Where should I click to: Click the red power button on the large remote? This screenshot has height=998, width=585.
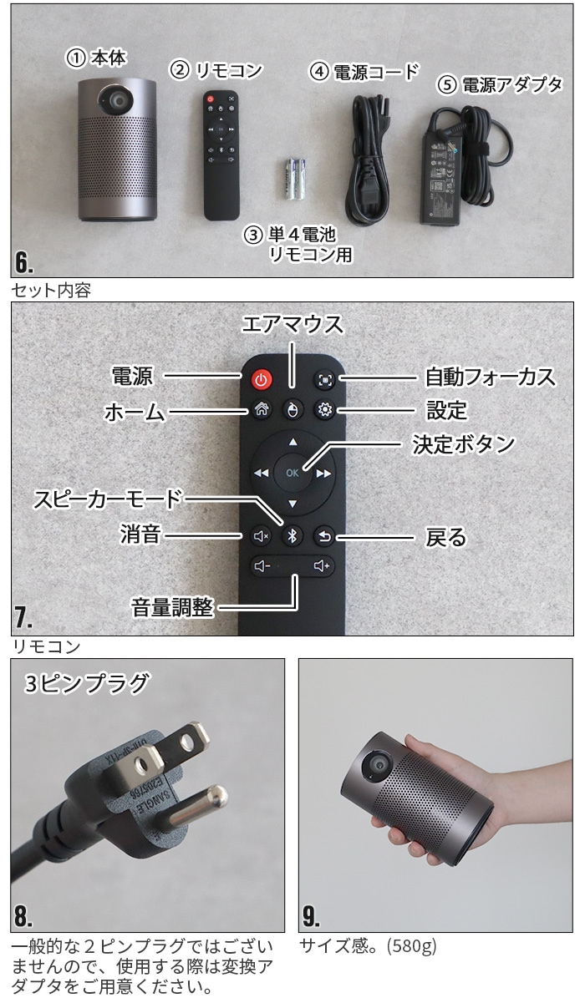point(261,379)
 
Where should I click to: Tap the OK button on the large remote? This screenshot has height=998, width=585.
point(291,472)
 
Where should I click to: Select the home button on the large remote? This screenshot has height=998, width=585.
point(261,409)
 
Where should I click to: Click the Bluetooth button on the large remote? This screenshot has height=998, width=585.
point(291,536)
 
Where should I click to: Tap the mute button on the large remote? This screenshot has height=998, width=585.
point(261,536)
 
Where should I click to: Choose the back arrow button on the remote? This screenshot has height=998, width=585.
point(323,536)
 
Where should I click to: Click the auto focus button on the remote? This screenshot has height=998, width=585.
point(323,379)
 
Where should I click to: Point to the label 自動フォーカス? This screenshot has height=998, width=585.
point(490,377)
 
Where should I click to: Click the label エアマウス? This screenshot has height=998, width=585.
point(292,323)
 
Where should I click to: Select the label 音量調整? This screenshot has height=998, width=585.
point(172,606)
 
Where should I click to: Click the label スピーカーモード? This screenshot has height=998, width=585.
point(107,499)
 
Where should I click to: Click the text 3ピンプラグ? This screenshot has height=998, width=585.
point(87,683)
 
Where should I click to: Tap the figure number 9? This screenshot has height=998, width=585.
point(312,916)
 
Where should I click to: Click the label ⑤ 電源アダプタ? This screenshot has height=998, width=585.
point(500,84)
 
